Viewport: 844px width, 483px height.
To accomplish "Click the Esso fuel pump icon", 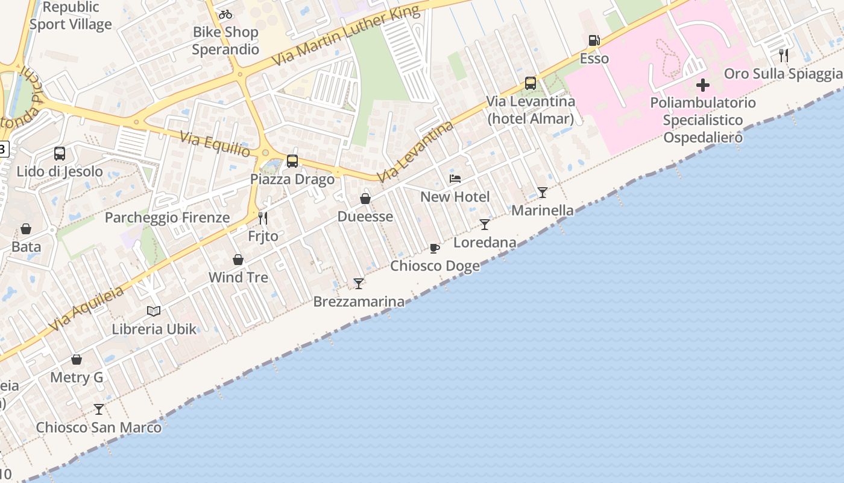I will click(594, 40).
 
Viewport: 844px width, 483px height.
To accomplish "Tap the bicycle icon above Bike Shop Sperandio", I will click(225, 14).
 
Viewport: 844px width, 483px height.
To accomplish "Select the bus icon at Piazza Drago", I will click(292, 161).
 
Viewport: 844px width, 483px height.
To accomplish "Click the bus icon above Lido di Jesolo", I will click(60, 153).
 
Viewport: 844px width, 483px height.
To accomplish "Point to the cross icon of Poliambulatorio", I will click(702, 85).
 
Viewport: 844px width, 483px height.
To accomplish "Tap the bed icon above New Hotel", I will click(455, 179).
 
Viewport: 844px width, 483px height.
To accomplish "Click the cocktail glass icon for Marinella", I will click(543, 193).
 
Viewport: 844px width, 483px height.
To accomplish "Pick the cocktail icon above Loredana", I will click(485, 225).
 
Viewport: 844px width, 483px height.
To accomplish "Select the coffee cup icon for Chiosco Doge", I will click(435, 248).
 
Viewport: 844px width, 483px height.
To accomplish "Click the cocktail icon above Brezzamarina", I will click(359, 283).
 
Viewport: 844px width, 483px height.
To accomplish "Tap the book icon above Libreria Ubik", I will click(154, 311).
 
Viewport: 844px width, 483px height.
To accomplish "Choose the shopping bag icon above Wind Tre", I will click(238, 260).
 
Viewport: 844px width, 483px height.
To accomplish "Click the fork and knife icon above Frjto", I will click(263, 218).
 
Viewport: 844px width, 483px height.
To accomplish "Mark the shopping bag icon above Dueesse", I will click(365, 199).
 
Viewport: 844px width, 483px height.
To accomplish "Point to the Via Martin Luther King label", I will click(345, 37).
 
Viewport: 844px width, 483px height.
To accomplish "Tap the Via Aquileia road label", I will click(87, 309).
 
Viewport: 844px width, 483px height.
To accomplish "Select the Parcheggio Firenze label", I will click(167, 217).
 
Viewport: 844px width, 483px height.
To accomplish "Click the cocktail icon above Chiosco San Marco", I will click(99, 409).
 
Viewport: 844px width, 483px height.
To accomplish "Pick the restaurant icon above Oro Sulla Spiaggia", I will click(784, 56).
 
